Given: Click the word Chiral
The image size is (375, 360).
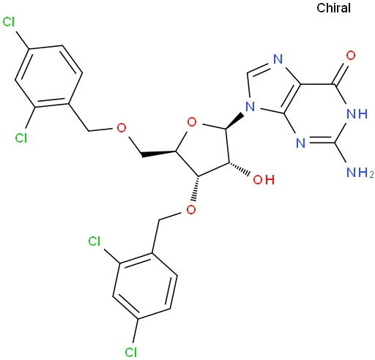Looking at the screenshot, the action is (x=333, y=8).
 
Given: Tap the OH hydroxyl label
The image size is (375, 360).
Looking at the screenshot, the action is (x=264, y=180).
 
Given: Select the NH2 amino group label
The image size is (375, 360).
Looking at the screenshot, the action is (x=360, y=173).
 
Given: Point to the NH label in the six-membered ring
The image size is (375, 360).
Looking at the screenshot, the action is (x=357, y=113).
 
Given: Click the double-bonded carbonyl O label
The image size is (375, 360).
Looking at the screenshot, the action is (x=351, y=56).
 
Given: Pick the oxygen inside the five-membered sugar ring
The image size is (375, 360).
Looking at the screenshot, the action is (x=192, y=122).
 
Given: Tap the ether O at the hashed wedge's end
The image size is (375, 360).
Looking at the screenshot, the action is (x=191, y=209).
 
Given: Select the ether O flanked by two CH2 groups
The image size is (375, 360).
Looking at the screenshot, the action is (x=122, y=127).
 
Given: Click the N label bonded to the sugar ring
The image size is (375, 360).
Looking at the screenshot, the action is (x=250, y=107).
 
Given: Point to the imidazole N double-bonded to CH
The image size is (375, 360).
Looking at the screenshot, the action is (x=278, y=59).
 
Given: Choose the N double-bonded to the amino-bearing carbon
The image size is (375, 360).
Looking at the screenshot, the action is (x=300, y=143).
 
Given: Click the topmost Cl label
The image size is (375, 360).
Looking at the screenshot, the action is (x=9, y=22).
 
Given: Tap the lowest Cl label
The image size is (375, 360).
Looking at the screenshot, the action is (x=130, y=352).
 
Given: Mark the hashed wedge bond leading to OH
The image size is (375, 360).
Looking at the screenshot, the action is (x=240, y=169).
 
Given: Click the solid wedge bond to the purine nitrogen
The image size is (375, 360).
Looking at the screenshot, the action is (x=234, y=120).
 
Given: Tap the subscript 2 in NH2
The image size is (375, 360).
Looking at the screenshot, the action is (x=371, y=175).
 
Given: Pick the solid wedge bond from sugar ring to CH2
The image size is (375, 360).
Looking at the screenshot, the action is (x=158, y=154).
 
